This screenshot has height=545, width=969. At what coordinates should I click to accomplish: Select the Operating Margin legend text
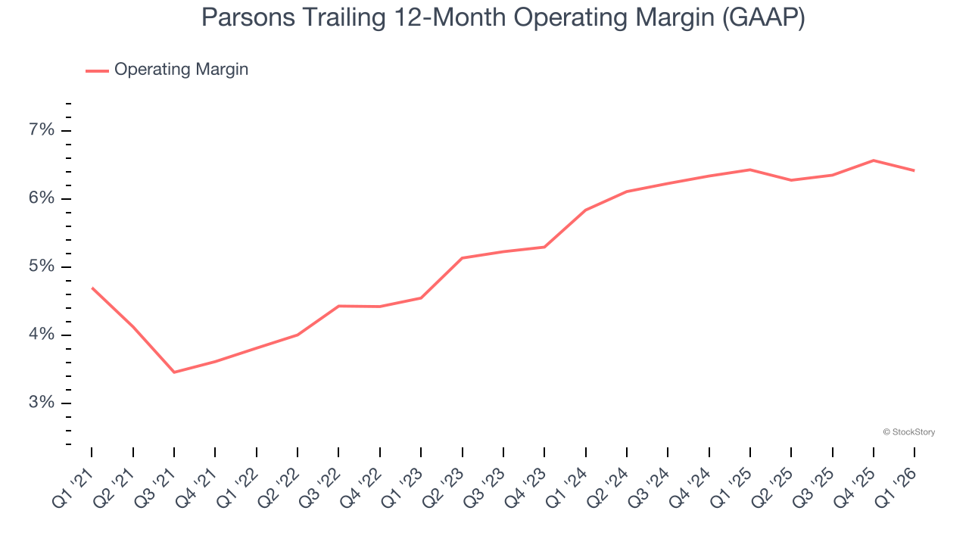tap(181, 70)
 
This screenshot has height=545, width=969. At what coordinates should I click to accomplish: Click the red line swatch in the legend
tap(97, 70)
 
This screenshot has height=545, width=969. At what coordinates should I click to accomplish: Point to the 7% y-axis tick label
tap(42, 130)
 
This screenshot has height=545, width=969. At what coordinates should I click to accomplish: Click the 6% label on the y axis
tap(42, 198)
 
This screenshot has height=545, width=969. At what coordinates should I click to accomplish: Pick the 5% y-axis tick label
tap(42, 266)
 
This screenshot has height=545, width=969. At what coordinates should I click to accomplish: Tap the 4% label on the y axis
tap(42, 335)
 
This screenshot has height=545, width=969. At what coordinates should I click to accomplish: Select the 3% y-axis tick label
tap(42, 403)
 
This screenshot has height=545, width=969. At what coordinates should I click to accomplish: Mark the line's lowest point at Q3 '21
tap(174, 372)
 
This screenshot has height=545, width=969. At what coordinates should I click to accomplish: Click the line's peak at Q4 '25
tap(874, 160)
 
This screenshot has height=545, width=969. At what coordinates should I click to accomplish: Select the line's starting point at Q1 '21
tap(92, 288)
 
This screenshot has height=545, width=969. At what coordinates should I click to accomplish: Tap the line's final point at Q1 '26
tap(914, 170)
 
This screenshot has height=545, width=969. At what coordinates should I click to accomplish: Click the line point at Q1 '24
tap(586, 210)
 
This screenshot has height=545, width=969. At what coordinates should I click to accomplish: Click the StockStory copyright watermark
tap(908, 432)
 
